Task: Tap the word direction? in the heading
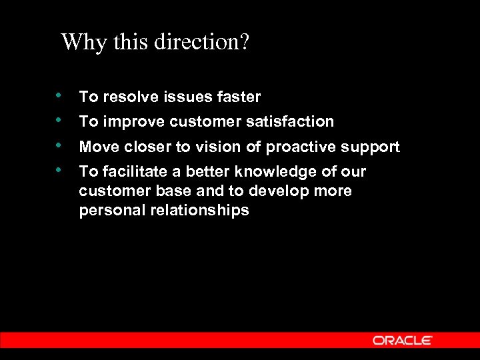202,43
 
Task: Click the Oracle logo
402,340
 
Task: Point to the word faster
239,97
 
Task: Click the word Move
97,147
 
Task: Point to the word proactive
300,147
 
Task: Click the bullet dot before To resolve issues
60,95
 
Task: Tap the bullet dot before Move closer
60,145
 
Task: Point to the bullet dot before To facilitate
60,169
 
